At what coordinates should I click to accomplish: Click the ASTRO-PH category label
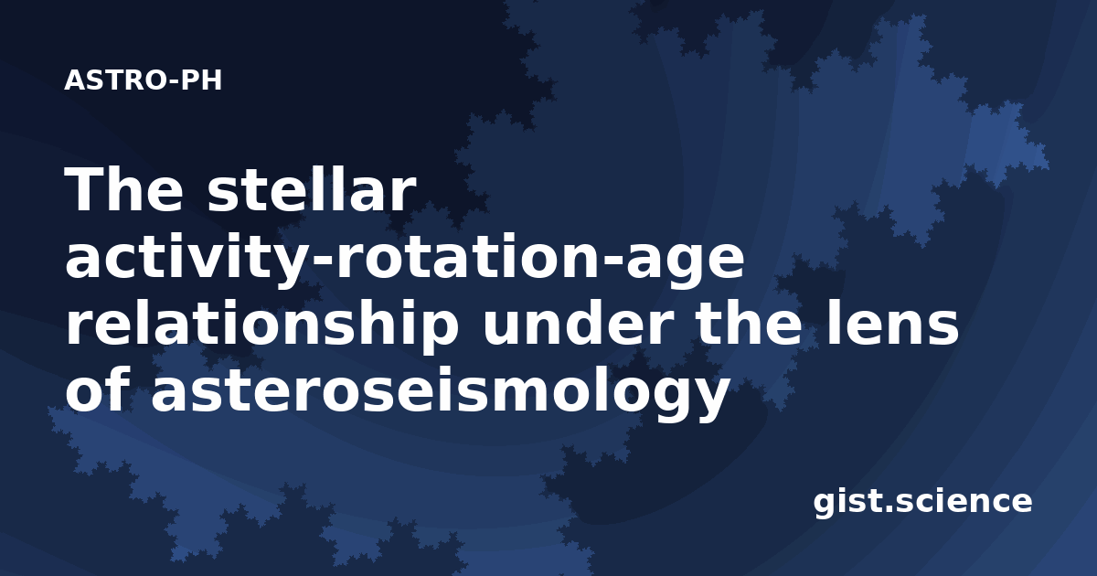click(x=143, y=80)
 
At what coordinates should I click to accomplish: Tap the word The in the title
click(x=124, y=189)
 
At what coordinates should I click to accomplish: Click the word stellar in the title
click(x=312, y=189)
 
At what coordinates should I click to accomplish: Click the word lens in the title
click(x=893, y=324)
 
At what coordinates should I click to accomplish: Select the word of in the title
click(x=98, y=389)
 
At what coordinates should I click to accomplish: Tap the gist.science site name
click(x=922, y=503)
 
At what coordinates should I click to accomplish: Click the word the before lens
click(x=751, y=324)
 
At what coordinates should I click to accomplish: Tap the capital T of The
click(x=82, y=189)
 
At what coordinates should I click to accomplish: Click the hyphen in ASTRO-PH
click(x=173, y=83)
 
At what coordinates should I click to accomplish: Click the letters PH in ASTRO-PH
click(x=201, y=80)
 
